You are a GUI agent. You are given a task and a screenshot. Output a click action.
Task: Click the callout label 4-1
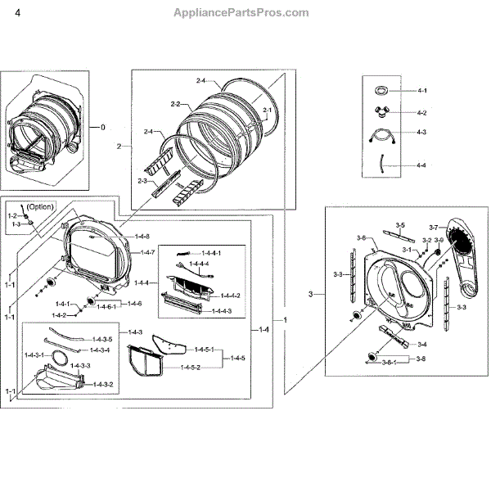click(399, 90)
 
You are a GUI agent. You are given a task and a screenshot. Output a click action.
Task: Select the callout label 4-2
click(399, 112)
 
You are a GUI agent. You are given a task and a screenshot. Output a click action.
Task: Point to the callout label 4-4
click(399, 165)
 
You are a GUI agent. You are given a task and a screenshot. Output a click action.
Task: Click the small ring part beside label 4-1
click(380, 89)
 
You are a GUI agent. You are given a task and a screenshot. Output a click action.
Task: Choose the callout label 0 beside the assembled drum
click(103, 128)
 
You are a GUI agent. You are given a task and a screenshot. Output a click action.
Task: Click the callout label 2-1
click(268, 110)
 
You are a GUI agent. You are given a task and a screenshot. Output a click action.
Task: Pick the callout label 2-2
click(174, 105)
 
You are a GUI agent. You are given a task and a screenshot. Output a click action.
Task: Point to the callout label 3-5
click(400, 224)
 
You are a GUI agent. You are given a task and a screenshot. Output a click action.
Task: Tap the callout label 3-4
click(422, 345)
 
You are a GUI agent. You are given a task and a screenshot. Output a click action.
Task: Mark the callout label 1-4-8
click(142, 237)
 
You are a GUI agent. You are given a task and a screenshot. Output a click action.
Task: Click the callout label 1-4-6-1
click(113, 304)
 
